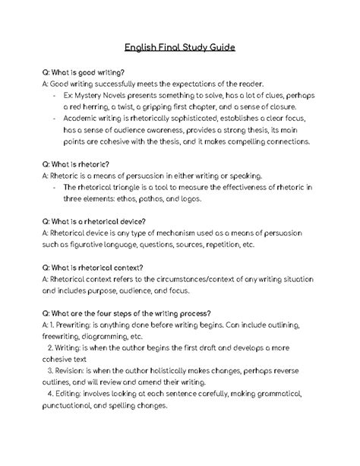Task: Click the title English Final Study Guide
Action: pos(180,47)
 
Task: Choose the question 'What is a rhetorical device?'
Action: pos(93,221)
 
